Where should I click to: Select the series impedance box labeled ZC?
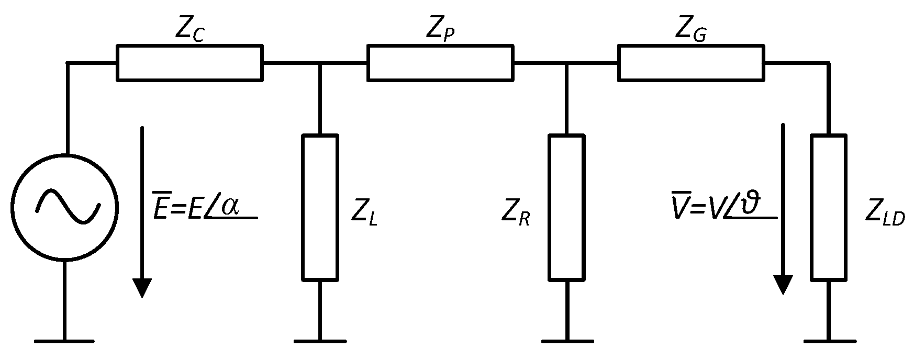click(190, 63)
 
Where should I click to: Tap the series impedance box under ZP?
click(440, 63)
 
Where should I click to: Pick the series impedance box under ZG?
click(690, 63)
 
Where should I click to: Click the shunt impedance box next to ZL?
click(320, 207)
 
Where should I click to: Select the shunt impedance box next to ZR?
click(566, 207)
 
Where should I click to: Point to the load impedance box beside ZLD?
click(828, 207)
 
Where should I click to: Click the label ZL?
click(364, 213)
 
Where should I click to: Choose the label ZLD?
click(885, 213)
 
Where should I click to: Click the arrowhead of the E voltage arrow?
click(142, 288)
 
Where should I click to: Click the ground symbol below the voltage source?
click(64, 341)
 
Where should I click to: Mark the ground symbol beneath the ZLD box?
click(828, 341)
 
